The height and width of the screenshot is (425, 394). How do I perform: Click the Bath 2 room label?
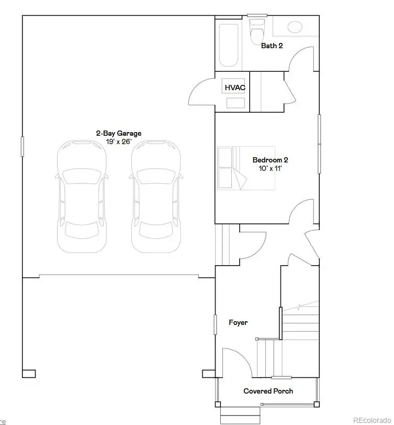272,46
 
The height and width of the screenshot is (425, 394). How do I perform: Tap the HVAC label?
235,88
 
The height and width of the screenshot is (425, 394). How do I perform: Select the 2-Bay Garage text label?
118,134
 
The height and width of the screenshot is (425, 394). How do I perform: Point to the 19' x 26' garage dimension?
118,141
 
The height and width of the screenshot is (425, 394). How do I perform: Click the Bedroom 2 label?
270,160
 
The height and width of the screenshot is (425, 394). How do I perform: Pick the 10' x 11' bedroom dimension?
270,168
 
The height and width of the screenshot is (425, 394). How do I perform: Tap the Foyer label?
238,323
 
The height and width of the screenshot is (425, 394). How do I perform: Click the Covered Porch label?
268,391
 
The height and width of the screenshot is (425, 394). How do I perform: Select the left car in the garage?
82,196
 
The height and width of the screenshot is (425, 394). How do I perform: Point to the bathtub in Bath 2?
228,45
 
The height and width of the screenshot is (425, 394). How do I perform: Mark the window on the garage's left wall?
22,146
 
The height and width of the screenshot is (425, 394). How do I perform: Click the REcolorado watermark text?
372,420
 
